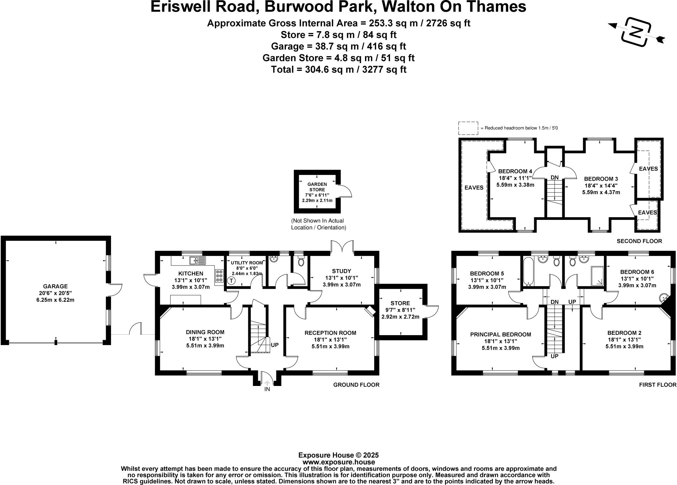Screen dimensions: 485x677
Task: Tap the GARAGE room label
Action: (x=55, y=286)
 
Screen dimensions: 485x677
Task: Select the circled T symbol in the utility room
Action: (x=231, y=281)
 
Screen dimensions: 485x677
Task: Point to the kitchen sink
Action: (x=197, y=260)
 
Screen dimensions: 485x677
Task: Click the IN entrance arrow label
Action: (x=267, y=389)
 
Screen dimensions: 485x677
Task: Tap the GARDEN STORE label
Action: (x=317, y=187)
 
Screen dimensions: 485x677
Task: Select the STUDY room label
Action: (x=341, y=271)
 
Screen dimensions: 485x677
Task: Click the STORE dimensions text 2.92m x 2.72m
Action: (x=400, y=317)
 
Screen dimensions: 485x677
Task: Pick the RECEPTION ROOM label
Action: (x=330, y=333)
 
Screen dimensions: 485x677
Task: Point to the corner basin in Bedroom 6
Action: (x=663, y=298)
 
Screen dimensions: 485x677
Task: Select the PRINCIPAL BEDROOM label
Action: (x=500, y=334)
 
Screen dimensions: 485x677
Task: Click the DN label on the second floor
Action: (x=554, y=178)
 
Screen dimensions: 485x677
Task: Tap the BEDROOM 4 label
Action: (x=515, y=171)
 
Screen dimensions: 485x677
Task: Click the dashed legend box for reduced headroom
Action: (x=468, y=128)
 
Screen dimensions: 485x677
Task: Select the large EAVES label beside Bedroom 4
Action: (x=474, y=188)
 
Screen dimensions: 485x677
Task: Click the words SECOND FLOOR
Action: (x=639, y=241)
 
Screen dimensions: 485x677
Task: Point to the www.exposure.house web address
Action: (x=338, y=462)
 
